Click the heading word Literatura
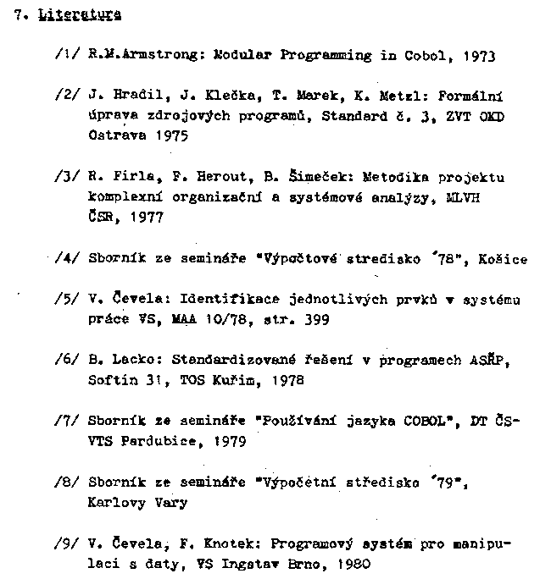click(80, 15)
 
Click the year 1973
click(480, 56)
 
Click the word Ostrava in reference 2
click(114, 135)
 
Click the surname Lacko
click(125, 361)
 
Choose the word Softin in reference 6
click(110, 380)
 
